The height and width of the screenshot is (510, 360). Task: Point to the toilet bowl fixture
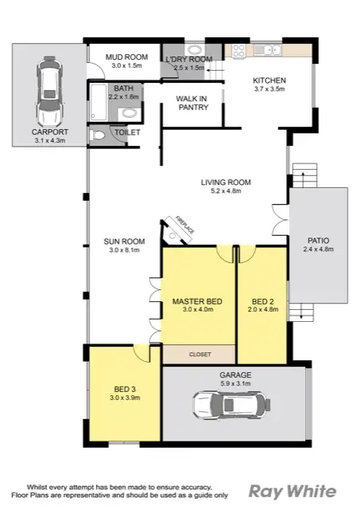(99, 135)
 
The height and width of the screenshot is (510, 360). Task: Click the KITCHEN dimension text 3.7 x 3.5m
(269, 90)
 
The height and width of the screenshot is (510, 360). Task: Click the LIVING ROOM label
(225, 182)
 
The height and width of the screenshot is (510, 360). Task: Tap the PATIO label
(319, 240)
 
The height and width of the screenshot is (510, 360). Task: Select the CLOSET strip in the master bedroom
(199, 354)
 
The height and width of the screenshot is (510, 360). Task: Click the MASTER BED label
(197, 300)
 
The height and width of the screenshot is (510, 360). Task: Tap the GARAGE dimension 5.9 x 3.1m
(235, 382)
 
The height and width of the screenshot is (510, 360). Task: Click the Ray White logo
(292, 490)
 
